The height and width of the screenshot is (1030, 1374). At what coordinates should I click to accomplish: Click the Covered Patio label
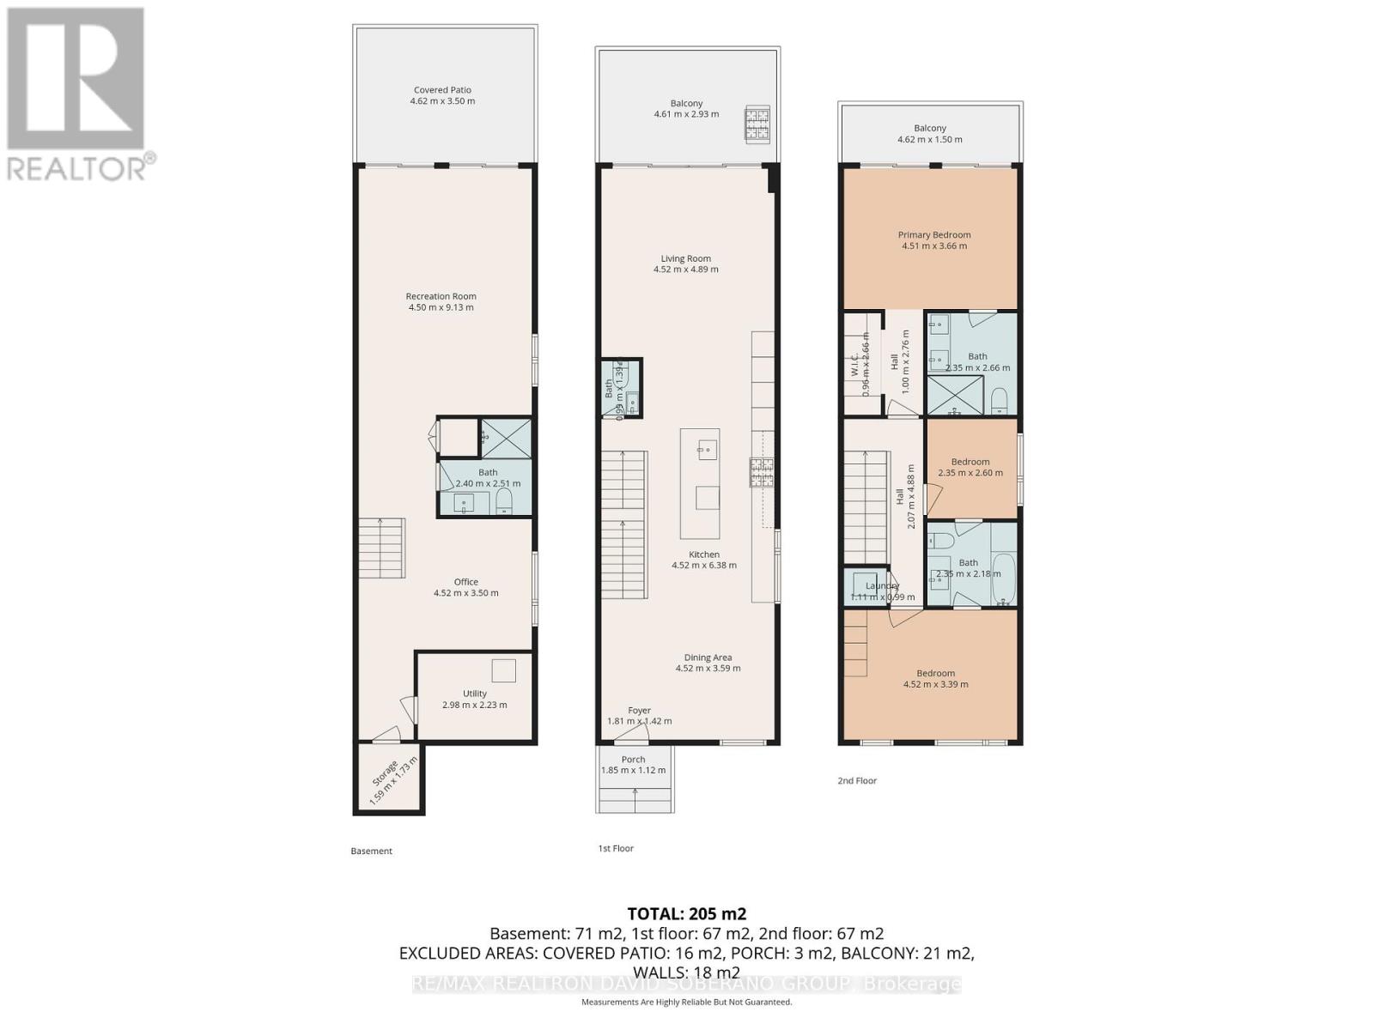(442, 90)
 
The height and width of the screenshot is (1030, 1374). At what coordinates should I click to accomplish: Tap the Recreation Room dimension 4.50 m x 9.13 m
(441, 307)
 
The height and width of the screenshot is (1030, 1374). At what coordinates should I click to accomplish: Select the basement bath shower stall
(506, 439)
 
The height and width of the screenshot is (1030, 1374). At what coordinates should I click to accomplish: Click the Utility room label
(475, 694)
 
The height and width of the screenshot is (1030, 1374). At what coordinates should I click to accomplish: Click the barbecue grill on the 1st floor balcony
(757, 125)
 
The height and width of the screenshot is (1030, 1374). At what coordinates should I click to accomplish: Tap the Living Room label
(685, 258)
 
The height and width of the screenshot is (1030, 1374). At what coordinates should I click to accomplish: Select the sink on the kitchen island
(707, 449)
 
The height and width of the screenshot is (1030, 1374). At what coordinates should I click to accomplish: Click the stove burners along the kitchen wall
(762, 472)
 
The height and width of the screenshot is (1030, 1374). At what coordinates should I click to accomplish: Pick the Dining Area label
(708, 657)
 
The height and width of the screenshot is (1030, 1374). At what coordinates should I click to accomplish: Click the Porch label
(633, 760)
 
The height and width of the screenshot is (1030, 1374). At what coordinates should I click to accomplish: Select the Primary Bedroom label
(934, 234)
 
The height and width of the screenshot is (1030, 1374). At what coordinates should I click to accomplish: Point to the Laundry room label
(882, 586)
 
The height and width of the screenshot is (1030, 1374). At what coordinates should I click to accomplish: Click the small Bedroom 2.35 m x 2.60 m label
(970, 462)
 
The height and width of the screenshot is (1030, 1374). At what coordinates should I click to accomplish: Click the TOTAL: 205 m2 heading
(686, 913)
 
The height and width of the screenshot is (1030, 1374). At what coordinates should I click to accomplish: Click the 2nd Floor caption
(857, 780)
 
